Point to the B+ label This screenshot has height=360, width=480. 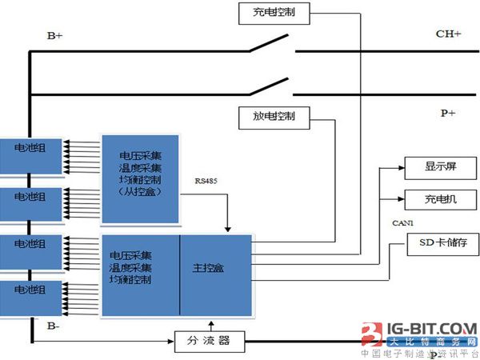(55, 36)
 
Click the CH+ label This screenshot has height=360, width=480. (448, 34)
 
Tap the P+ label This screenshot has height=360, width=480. (448, 114)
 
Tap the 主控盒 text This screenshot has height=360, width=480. (209, 268)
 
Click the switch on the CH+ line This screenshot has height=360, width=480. (268, 45)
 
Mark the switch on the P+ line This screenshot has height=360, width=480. (268, 86)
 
